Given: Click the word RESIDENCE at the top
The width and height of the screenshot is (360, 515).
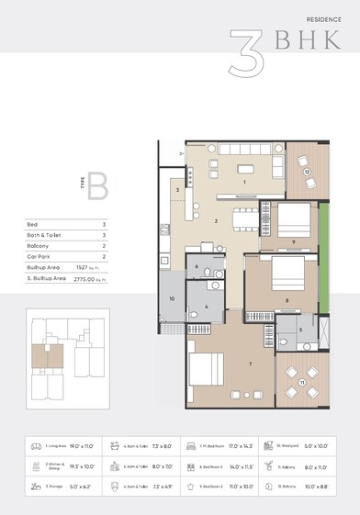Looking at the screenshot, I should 326,18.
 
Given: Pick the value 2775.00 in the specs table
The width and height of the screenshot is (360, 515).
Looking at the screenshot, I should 86,275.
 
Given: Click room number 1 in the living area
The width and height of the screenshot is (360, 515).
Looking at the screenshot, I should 244,183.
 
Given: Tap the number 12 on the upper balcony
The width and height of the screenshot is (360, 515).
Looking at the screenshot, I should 308,171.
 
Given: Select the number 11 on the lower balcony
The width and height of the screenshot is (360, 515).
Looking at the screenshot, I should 302,381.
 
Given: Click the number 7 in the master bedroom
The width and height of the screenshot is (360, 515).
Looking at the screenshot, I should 249,364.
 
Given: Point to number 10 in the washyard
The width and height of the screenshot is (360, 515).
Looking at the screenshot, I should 172,298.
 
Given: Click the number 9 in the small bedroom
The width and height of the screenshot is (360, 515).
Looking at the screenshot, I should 292,242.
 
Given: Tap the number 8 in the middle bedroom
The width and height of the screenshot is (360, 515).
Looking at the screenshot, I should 287,300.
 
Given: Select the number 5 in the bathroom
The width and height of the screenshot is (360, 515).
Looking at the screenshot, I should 301,329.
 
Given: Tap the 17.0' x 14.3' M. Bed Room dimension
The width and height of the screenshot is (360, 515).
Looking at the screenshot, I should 225,445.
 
